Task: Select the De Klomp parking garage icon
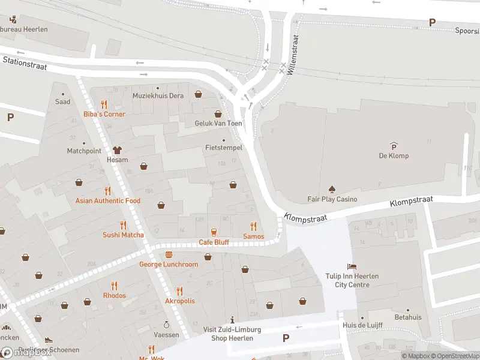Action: (394, 146)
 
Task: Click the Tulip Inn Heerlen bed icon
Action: (352, 266)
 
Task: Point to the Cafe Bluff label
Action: (214, 242)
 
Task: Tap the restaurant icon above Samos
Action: (253, 226)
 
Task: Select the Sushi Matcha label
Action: (123, 235)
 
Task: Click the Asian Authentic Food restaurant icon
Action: (108, 190)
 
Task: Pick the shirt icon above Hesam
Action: (117, 150)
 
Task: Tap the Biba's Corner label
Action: (104, 114)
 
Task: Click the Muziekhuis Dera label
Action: (158, 96)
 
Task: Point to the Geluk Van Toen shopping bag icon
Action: (218, 113)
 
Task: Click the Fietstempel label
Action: (223, 147)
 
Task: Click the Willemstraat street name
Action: (292, 54)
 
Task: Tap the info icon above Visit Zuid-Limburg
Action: (232, 320)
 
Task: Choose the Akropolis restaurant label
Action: (180, 301)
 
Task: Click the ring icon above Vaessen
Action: (167, 324)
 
